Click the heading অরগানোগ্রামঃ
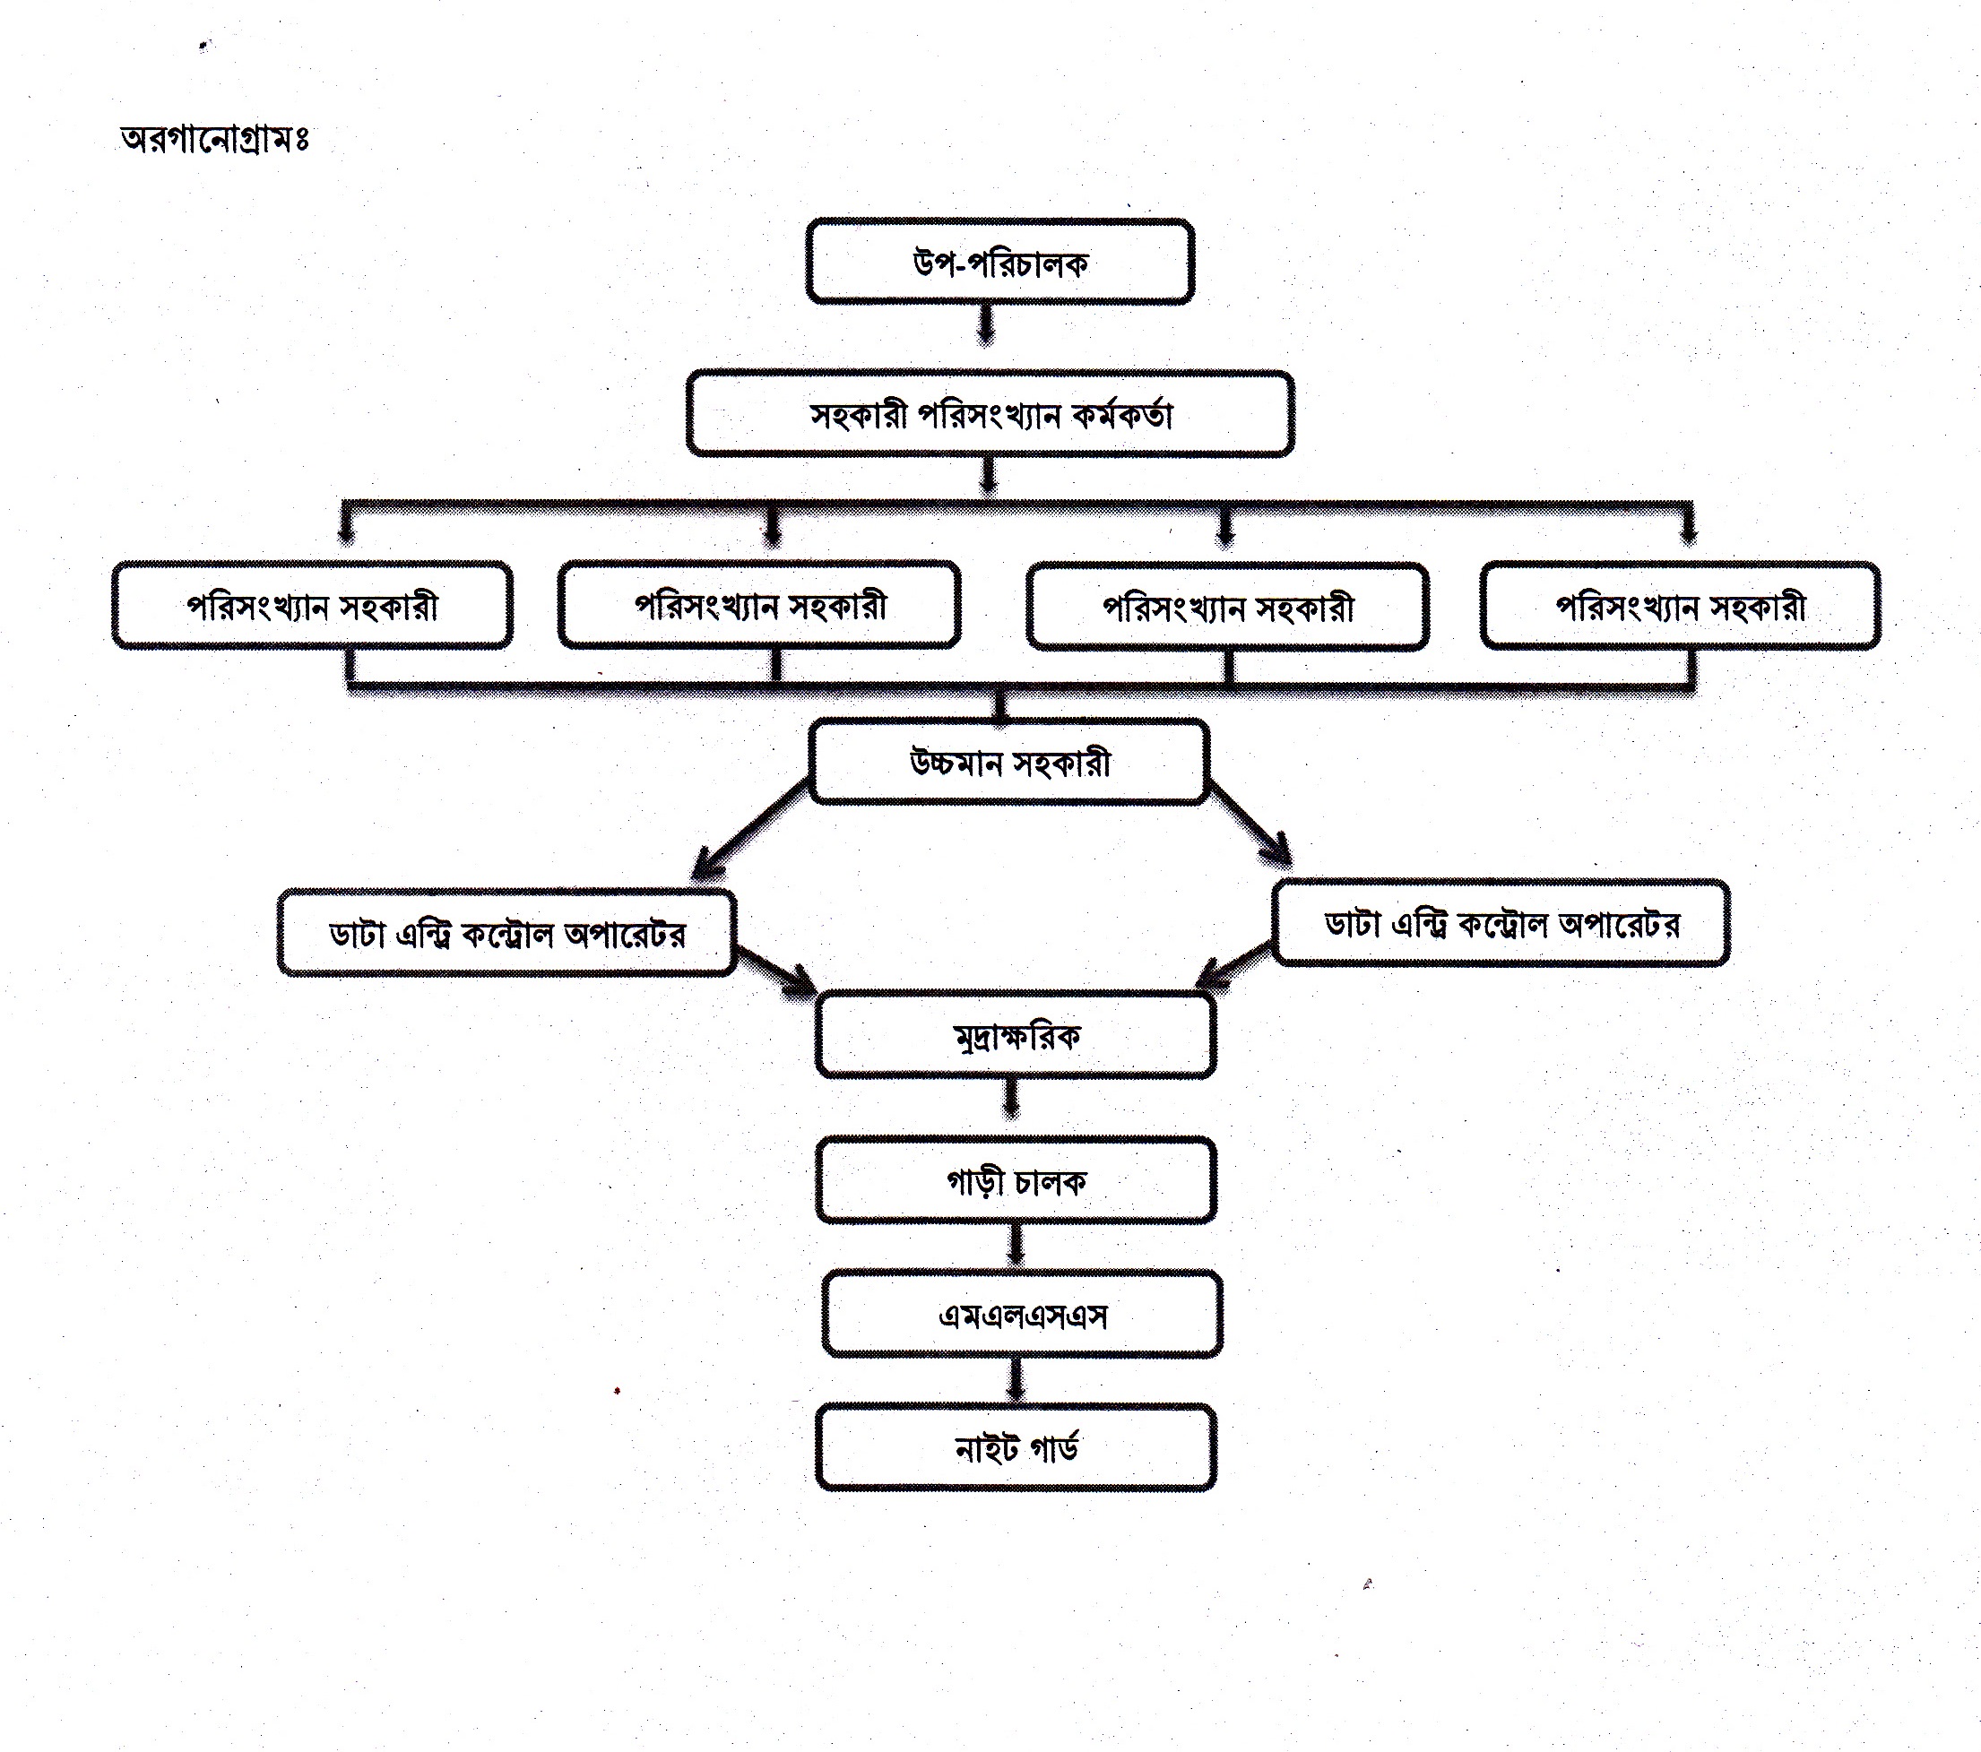point(214,139)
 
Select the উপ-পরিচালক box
point(999,262)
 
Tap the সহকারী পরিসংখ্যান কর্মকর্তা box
point(990,414)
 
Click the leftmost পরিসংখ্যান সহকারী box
point(312,606)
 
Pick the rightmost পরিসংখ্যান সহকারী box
point(1680,607)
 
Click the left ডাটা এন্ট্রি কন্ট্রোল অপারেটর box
point(506,933)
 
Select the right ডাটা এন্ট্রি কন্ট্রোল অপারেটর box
point(1501,923)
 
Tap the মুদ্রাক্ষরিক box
point(1016,1036)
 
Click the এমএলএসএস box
point(1022,1314)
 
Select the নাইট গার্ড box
point(1016,1447)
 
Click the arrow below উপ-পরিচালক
point(986,324)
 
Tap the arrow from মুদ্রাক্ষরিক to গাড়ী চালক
point(1011,1100)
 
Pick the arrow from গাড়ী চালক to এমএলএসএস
point(1015,1244)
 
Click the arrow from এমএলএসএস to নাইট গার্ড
point(1016,1378)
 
